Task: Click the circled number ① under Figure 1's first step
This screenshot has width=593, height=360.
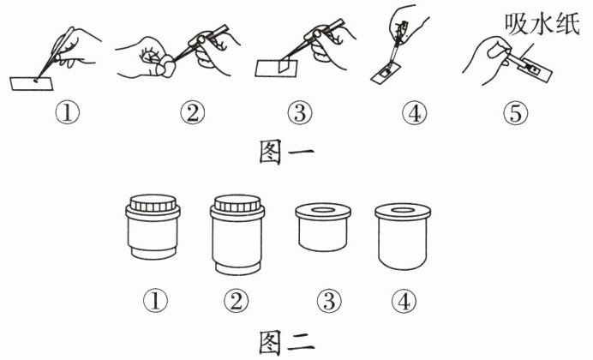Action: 68,113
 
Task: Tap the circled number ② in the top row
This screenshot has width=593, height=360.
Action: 193,113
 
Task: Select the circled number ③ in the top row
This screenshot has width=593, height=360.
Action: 300,113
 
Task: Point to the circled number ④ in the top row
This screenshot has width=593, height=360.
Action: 415,113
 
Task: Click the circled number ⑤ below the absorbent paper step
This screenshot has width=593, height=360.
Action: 516,113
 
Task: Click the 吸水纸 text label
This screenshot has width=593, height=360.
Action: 542,25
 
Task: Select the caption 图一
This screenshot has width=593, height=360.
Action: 286,152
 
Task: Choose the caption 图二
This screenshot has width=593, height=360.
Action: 286,343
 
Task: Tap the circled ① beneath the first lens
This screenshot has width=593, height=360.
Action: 155,302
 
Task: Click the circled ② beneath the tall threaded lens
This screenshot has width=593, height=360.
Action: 236,302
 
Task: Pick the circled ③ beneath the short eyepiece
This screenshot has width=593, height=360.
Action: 329,302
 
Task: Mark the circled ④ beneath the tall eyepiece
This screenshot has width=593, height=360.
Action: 404,302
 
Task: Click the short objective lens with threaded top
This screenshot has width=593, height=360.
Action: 153,227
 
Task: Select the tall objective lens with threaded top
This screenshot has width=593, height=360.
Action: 237,235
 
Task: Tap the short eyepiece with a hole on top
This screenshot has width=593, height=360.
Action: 323,228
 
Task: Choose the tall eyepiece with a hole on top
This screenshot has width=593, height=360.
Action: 403,237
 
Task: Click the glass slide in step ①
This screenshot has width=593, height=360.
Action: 31,84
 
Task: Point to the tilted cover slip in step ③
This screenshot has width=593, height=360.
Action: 284,65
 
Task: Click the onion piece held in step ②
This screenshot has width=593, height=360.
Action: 168,68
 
